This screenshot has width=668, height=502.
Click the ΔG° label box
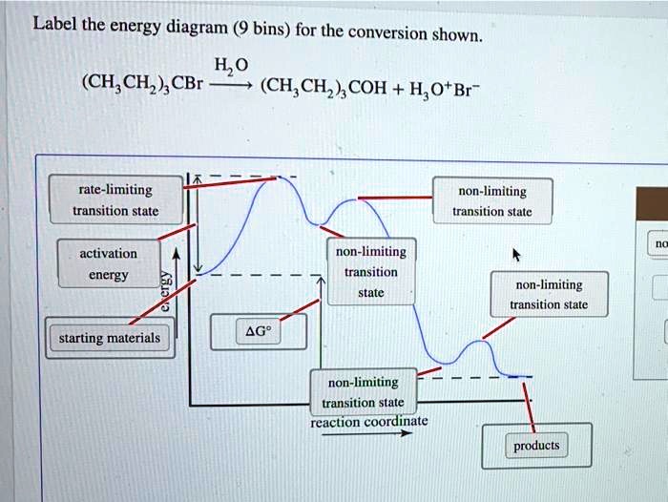259,331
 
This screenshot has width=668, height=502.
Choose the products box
535,446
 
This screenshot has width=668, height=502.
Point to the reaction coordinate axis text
369,421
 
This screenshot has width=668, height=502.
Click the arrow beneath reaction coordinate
366,433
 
